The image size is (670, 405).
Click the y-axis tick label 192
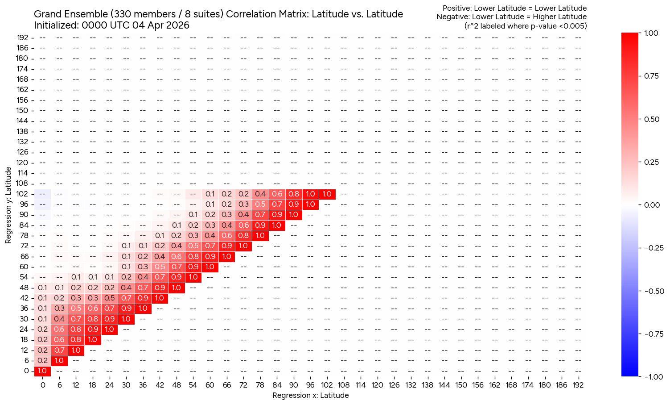point(23,38)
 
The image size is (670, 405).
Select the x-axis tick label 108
point(344,385)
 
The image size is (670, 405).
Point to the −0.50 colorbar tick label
point(654,291)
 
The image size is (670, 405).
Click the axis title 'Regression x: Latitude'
point(310,396)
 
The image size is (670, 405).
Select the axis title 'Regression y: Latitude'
point(8,206)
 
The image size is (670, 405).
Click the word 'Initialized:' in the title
point(57,25)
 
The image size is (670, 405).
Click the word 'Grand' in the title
point(48,14)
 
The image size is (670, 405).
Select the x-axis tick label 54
point(193,385)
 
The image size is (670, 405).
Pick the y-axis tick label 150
point(23,110)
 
